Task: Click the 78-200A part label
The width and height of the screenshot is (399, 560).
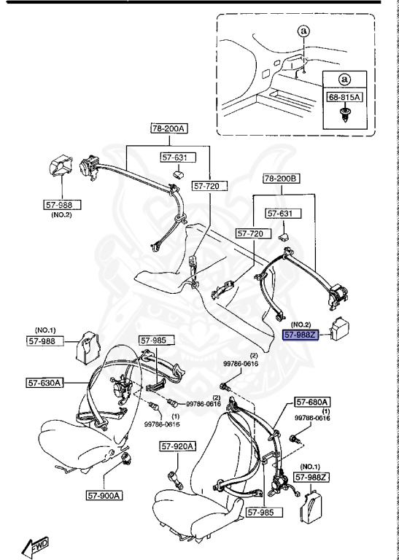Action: [x=169, y=129]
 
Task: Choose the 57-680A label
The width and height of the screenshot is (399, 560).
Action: [x=313, y=402]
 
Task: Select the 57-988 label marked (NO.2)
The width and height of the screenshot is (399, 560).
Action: [x=62, y=206]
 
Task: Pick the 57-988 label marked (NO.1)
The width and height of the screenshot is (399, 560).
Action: [x=46, y=340]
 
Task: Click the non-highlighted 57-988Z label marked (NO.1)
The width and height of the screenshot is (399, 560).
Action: [x=313, y=477]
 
